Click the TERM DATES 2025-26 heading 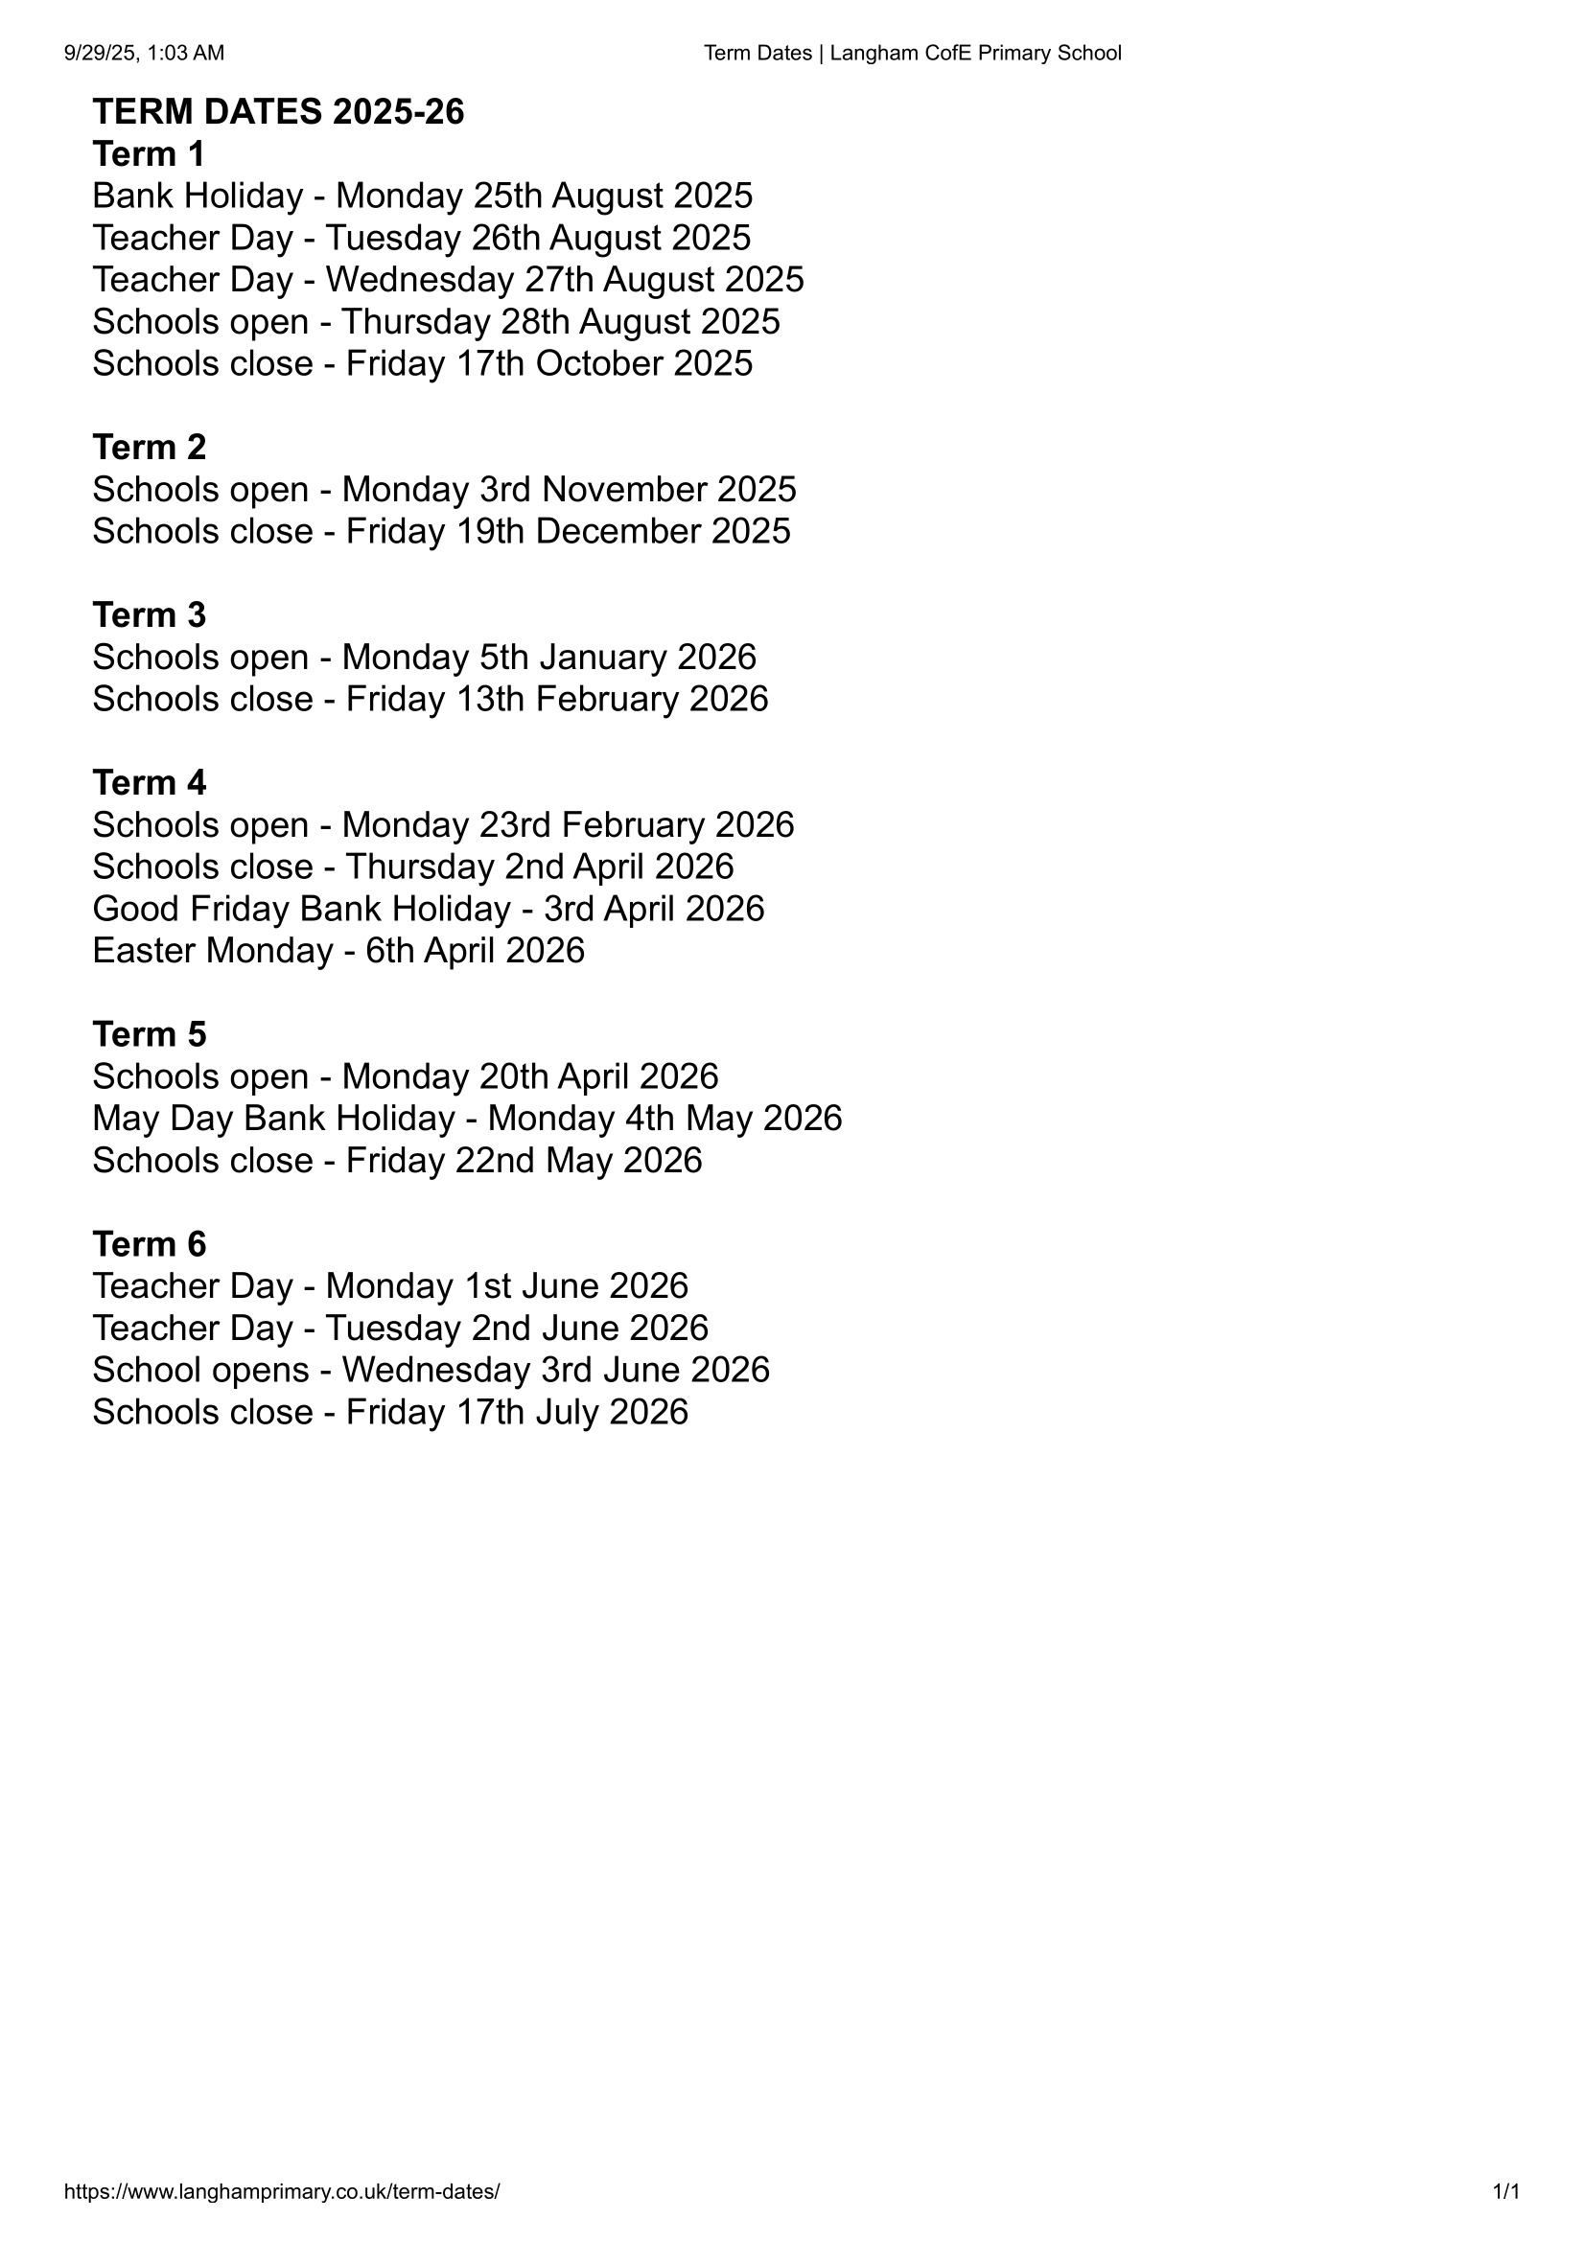coord(278,112)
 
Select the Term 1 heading coord(149,154)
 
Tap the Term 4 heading coord(149,783)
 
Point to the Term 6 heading coord(149,1244)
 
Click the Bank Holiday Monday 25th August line coord(422,196)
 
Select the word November coord(624,489)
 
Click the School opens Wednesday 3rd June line coord(431,1371)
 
